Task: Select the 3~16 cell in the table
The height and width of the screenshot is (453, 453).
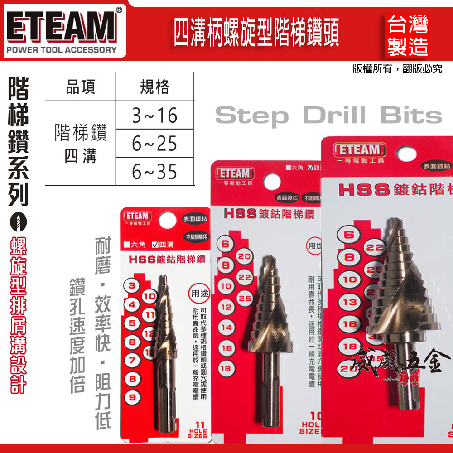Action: point(154,116)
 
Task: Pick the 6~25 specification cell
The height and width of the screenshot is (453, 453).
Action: point(154,144)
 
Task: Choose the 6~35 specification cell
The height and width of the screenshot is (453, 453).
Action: point(154,172)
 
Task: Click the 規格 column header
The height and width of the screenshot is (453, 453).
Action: point(154,87)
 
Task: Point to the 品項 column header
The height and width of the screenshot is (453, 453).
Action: point(81,87)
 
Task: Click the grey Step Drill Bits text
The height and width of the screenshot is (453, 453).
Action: point(328,116)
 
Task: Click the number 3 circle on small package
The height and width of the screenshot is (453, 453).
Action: point(132,286)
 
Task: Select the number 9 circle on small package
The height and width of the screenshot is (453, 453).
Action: point(132,397)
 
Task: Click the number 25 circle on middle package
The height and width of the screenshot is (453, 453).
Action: point(245,299)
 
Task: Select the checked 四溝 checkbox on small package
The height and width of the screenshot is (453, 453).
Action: point(155,245)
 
